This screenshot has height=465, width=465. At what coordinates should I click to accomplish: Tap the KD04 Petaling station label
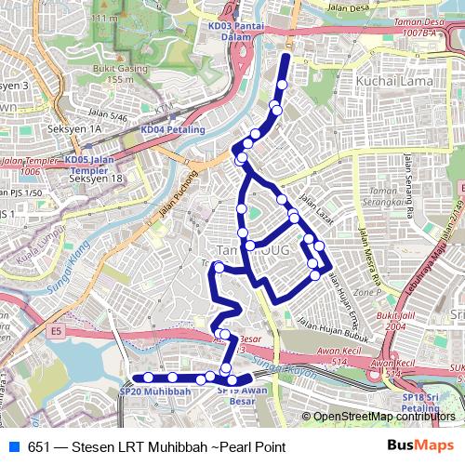(x=173, y=129)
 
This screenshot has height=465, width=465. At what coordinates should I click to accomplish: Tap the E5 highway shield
(x=56, y=330)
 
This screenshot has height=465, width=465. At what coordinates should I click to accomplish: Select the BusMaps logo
(x=420, y=445)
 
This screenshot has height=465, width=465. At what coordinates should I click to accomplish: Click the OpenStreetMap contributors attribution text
(x=385, y=417)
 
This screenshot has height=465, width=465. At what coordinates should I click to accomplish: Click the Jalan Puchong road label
(x=179, y=192)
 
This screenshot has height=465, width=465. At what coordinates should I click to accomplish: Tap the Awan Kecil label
(x=339, y=352)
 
